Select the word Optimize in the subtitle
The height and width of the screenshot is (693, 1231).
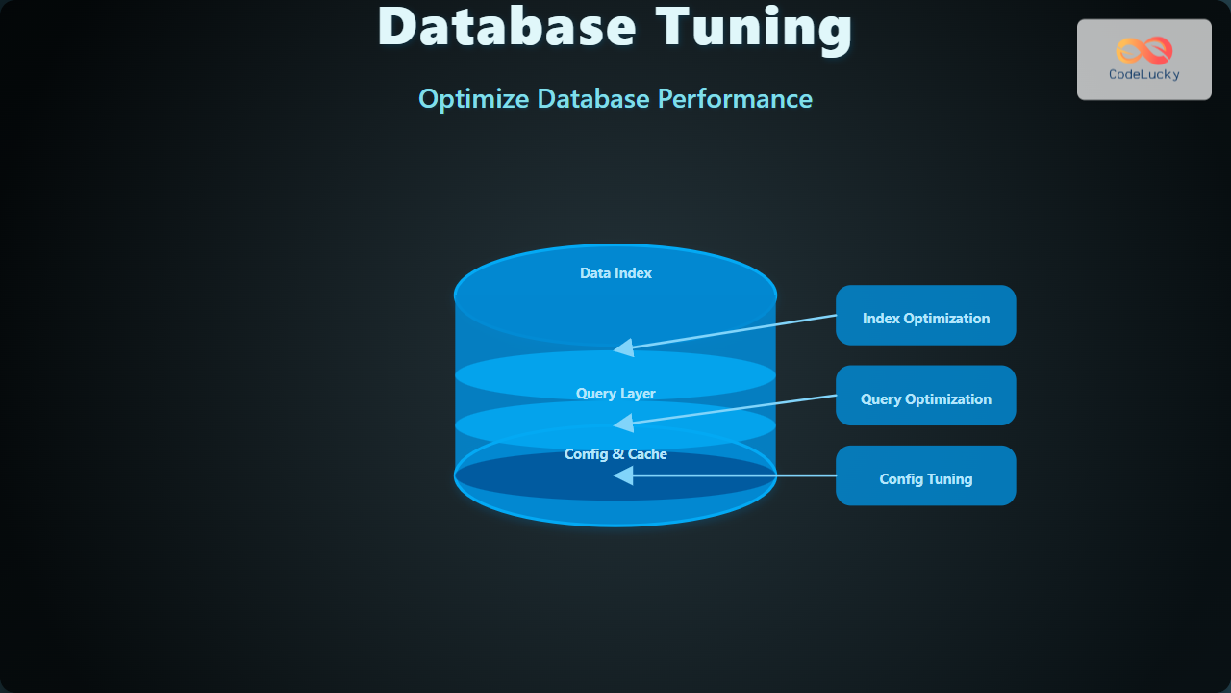coord(473,99)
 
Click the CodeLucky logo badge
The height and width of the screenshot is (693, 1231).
coord(1143,60)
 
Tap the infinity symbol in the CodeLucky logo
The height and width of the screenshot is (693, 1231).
coord(1143,50)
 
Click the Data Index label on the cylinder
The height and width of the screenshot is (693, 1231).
coord(615,273)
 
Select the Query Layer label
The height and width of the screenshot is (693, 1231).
coord(615,394)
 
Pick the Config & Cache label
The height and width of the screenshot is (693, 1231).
coord(615,454)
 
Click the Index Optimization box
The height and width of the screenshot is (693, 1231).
coord(925,315)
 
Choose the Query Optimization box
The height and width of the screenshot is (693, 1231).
coord(925,395)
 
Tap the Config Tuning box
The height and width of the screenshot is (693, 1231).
coord(925,475)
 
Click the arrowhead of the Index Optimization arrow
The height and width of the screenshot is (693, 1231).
coord(623,347)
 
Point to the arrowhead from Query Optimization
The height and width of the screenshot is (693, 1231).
coord(623,423)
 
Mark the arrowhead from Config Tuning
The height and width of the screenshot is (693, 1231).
coord(623,475)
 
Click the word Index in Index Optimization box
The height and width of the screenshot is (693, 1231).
coord(880,319)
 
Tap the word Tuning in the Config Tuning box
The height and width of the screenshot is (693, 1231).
coord(949,479)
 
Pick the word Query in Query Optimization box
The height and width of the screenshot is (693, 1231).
coord(880,399)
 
